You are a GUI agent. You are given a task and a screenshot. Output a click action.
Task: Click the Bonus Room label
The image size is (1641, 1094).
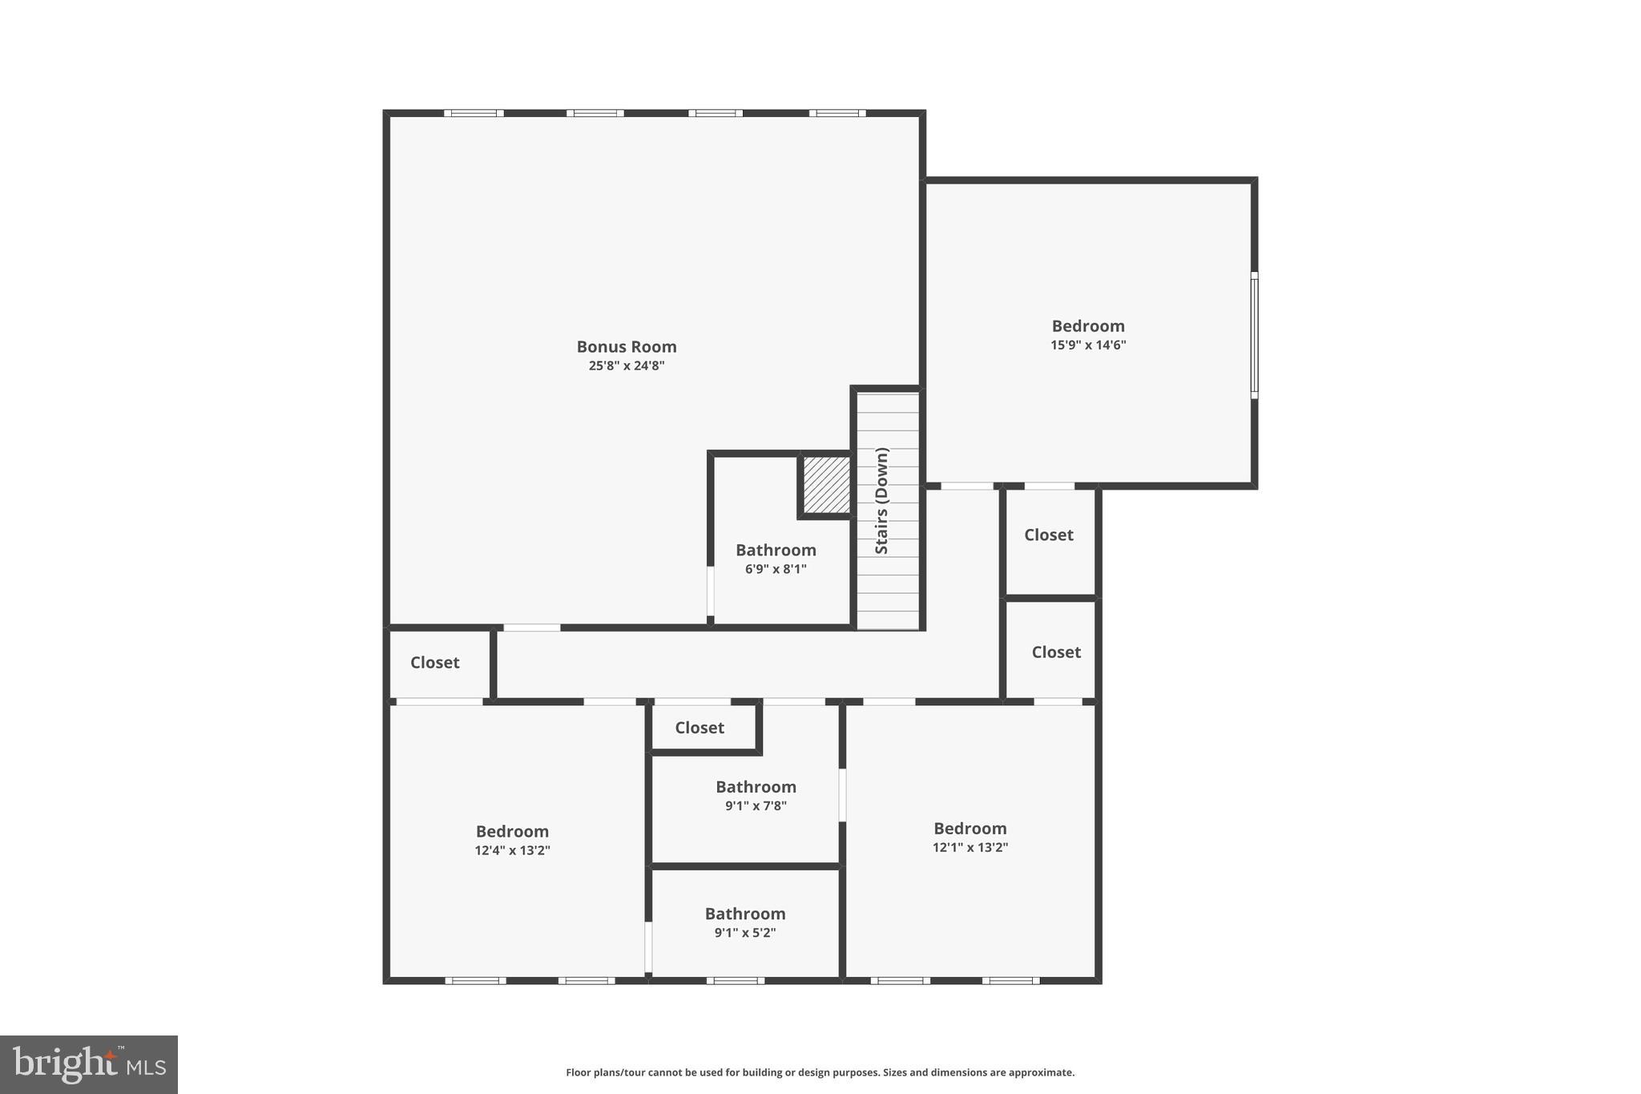point(627,347)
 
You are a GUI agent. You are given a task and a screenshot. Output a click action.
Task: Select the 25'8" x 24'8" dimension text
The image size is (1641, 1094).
point(627,366)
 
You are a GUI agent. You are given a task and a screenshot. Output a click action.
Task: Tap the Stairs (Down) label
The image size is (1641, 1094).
point(881,501)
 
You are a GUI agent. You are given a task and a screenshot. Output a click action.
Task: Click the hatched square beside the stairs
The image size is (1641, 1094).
point(826,485)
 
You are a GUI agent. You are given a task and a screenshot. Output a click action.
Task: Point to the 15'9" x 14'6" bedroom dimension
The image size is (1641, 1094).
point(1088,345)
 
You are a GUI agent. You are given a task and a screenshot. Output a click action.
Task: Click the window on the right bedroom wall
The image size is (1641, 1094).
point(1254,334)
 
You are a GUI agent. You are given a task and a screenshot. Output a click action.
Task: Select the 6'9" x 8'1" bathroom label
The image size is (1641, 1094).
point(776,569)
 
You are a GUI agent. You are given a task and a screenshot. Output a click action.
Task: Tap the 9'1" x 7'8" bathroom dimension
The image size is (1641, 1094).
point(756,806)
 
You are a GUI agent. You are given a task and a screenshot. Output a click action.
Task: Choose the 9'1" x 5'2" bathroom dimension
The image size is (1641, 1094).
point(745,933)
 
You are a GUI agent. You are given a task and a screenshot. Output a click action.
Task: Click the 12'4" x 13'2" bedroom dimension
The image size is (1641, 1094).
point(512,851)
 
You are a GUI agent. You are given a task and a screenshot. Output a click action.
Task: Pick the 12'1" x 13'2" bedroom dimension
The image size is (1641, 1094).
point(970,848)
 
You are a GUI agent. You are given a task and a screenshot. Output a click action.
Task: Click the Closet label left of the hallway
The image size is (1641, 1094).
point(434,663)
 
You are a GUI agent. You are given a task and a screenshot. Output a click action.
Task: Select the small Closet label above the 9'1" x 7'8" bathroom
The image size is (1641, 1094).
point(700,728)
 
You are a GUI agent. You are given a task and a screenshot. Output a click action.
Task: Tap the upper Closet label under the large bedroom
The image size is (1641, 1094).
point(1048,535)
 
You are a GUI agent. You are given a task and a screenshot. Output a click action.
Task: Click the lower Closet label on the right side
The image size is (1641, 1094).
point(1056,652)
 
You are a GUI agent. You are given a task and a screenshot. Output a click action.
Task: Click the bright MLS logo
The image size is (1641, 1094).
point(89,1064)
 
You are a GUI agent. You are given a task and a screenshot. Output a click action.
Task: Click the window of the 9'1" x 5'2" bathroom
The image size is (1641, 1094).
point(735,980)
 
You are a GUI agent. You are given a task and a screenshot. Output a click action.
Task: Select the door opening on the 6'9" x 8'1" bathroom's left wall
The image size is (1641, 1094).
point(710,591)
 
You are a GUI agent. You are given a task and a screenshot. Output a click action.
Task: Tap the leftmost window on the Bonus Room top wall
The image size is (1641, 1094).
point(474,113)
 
